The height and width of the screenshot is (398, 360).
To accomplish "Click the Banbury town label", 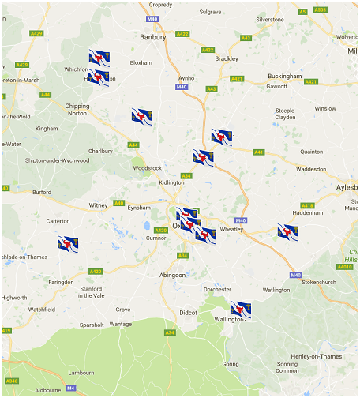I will coord(153,36).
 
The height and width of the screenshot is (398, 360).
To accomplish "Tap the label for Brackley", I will coord(227,58).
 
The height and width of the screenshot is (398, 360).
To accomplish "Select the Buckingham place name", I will coord(285,76).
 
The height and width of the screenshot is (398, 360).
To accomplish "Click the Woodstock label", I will coord(148,168).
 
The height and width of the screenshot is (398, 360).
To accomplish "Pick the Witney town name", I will coord(98,205).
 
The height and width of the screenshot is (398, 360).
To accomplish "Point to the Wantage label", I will coord(121,324).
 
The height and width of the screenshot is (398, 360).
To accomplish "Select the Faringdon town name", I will coord(60,282).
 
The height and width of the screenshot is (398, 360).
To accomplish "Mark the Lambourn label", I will coord(81,372).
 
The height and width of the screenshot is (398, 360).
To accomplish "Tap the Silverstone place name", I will coord(269,18).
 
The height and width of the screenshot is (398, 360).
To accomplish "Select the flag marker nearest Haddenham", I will coord(288,231).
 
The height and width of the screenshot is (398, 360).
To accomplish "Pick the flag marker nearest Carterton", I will coord(67,243).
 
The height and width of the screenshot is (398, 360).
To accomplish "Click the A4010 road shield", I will coord(344,267).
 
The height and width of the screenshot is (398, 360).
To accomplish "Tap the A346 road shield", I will coord(13,381).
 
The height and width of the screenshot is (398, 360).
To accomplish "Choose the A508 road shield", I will coord(320,10).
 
